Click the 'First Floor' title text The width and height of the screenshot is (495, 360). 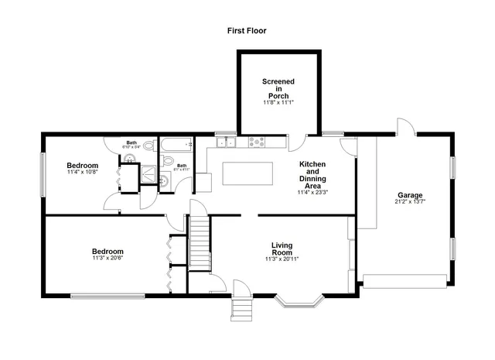pos(247,31)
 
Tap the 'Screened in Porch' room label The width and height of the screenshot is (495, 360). pos(278,88)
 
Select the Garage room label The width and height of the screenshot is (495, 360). pos(410,195)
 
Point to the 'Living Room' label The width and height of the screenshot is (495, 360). pos(282,249)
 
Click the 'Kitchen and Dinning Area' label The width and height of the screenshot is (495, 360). pos(312,175)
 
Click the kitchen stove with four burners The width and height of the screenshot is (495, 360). pos(256,142)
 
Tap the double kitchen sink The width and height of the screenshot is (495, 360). pos(225,142)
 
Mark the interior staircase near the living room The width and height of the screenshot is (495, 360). pos(200,244)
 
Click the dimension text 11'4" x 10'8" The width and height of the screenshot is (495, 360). pos(82,173)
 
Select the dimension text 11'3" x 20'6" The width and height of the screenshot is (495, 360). pos(108,259)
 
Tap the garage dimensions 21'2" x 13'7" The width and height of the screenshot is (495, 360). pos(410,202)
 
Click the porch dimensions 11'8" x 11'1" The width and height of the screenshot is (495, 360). pos(278,102)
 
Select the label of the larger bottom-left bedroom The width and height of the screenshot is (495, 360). pos(108,252)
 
